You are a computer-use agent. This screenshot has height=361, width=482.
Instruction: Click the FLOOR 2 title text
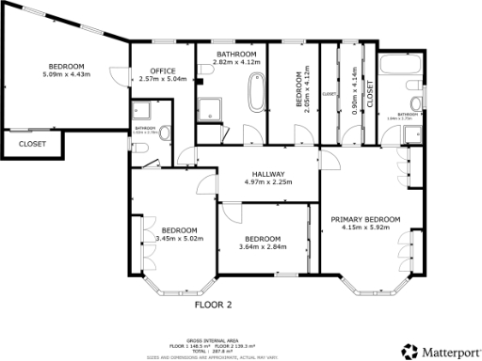(213, 305)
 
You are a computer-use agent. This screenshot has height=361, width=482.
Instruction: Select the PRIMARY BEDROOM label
(365, 219)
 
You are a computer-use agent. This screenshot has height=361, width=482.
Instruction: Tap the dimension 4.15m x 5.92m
(365, 228)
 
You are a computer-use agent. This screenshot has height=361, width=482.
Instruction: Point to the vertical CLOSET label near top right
(369, 91)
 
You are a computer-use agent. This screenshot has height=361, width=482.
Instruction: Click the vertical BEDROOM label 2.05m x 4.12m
(299, 89)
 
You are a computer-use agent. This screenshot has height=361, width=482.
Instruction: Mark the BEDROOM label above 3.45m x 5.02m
(179, 230)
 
